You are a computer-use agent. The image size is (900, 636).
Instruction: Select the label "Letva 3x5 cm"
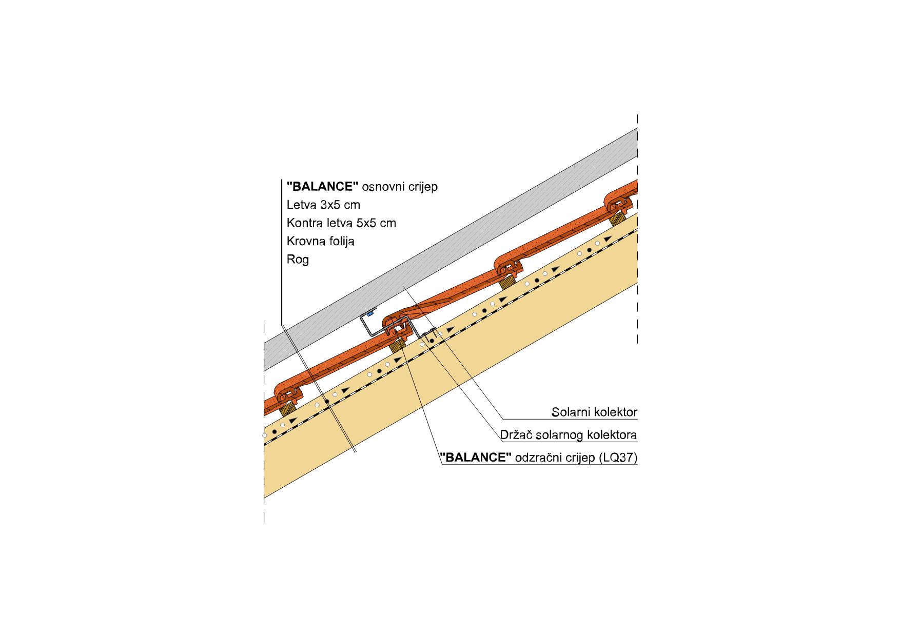pyautogui.click(x=323, y=205)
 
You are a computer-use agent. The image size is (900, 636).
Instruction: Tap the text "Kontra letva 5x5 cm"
pyautogui.click(x=341, y=223)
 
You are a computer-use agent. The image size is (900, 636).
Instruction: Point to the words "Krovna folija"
pyautogui.click(x=321, y=241)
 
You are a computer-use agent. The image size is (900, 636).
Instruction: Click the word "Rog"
pyautogui.click(x=298, y=260)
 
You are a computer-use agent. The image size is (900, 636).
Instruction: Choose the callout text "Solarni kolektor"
pyautogui.click(x=594, y=412)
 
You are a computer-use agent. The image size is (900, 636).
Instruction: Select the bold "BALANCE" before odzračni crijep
pyautogui.click(x=476, y=458)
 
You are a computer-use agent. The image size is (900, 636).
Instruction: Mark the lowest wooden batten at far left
pyautogui.click(x=287, y=409)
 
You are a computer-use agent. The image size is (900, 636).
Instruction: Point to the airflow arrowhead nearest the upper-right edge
pyautogui.click(x=608, y=239)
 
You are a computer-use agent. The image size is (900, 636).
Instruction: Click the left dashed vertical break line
pyautogui.click(x=264, y=423)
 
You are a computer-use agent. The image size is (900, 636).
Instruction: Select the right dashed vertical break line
pyautogui.click(x=637, y=228)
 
